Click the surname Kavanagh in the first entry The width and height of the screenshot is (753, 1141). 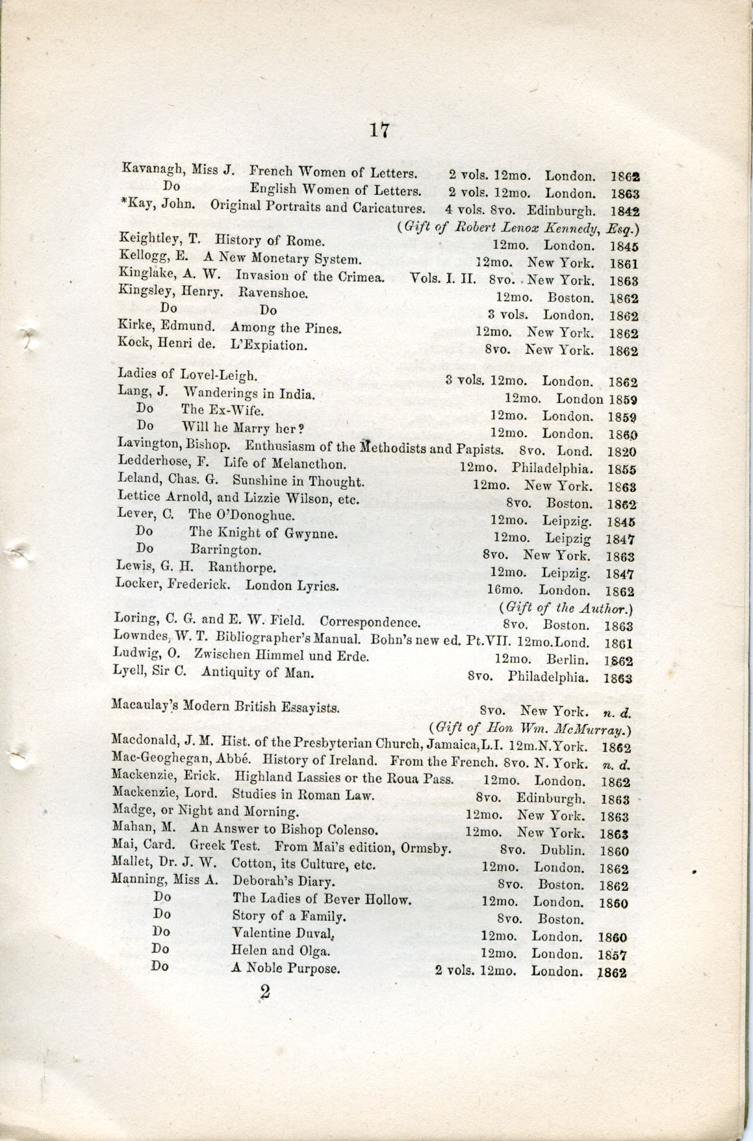(x=153, y=171)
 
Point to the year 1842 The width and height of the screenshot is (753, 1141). (x=626, y=212)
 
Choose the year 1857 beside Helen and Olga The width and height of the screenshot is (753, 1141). (x=611, y=955)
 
